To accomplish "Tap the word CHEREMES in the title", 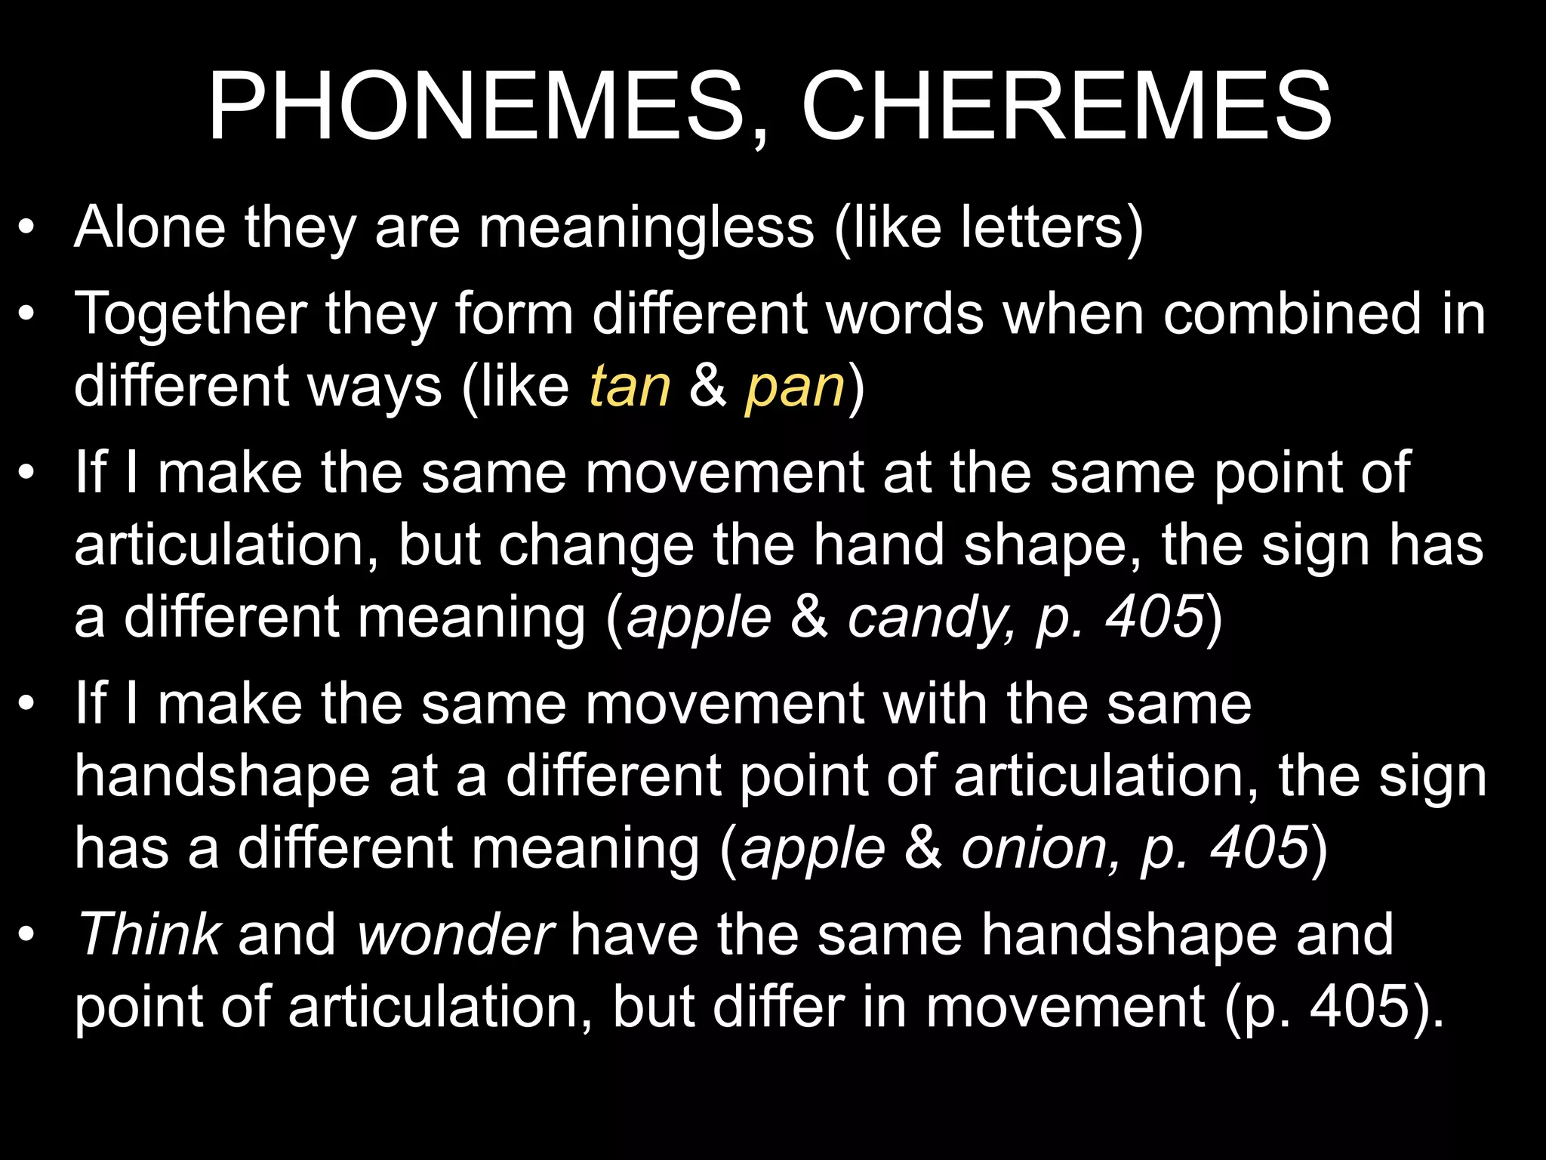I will tap(1066, 107).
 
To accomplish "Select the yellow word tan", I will tap(630, 386).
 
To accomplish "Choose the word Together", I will tap(191, 313).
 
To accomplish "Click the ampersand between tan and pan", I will tap(708, 386).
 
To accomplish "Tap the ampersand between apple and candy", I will tap(809, 618).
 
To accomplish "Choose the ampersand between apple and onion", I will tap(922, 849).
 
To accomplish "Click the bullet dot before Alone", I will tap(27, 227).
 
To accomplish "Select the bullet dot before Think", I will tap(27, 935).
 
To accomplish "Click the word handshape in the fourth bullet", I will tap(222, 777).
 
